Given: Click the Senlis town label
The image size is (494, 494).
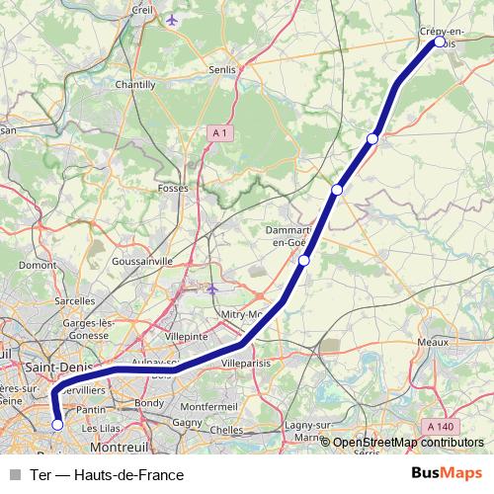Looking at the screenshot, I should (222, 70).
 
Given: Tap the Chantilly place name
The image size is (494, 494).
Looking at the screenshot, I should (136, 85).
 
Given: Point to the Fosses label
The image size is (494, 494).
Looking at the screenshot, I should (173, 187).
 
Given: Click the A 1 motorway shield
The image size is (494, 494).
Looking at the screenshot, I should (221, 131).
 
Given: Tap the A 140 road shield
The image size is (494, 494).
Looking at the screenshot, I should (441, 426).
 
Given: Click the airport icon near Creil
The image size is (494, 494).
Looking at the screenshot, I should (175, 20).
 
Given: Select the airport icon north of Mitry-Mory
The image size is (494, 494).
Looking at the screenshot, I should (212, 288).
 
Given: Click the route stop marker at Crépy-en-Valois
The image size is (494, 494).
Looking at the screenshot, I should (440, 42).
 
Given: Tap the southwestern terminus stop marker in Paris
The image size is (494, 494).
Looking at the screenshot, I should (57, 425).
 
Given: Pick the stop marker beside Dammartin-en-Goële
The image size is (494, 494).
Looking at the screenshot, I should (304, 261).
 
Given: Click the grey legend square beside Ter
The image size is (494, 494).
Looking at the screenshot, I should (15, 474).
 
